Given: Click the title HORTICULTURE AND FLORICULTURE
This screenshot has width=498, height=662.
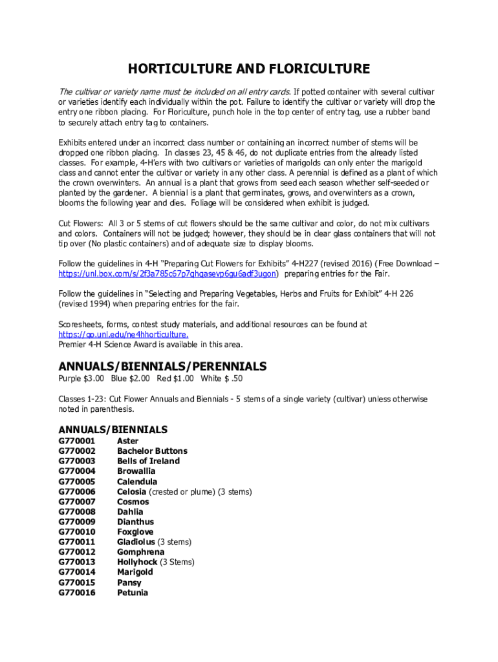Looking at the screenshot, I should pyautogui.click(x=248, y=69).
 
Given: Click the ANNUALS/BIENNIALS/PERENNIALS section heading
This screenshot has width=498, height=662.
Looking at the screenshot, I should pyautogui.click(x=162, y=367).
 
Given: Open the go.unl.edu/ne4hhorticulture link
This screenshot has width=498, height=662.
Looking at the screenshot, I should pyautogui.click(x=124, y=334).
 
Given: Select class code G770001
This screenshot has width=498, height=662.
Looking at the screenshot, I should pyautogui.click(x=77, y=441).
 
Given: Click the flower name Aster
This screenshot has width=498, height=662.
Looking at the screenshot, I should pyautogui.click(x=127, y=441).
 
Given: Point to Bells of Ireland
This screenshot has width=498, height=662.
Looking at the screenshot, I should pyautogui.click(x=148, y=461).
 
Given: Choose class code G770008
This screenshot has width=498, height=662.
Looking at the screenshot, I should pyautogui.click(x=77, y=511).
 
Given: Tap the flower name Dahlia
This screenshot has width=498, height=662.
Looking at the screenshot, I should pyautogui.click(x=130, y=511).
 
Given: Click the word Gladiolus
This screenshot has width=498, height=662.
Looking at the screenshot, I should pyautogui.click(x=136, y=542).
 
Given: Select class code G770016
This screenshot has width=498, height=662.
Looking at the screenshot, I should pyautogui.click(x=77, y=592).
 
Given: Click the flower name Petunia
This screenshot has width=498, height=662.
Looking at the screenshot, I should pyautogui.click(x=133, y=592).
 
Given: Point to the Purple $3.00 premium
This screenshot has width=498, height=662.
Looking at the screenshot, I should pyautogui.click(x=81, y=379).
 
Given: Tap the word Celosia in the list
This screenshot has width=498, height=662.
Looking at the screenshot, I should pyautogui.click(x=131, y=491).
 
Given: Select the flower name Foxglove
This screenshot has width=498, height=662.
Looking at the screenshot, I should pyautogui.click(x=135, y=531).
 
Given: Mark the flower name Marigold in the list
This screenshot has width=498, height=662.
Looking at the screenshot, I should pyautogui.click(x=135, y=572).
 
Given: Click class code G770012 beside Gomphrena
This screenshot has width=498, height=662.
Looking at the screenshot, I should pyautogui.click(x=77, y=552).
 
